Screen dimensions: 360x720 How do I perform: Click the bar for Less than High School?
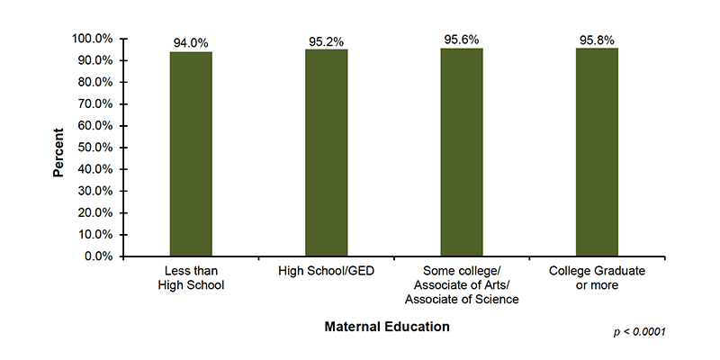pos(191,154)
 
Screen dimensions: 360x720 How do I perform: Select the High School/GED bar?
pos(326,152)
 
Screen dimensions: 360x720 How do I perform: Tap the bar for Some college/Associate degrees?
pos(462,152)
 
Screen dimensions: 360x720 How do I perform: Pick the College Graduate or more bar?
pos(597,152)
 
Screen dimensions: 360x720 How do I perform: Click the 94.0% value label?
pos(191,42)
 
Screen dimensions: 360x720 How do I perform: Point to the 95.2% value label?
pos(326,40)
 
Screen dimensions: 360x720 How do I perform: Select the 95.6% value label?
pos(462,40)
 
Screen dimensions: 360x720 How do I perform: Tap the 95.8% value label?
pos(597,40)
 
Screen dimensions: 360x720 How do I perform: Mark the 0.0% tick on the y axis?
pos(99,256)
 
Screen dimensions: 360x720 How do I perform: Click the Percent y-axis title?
pos(58,148)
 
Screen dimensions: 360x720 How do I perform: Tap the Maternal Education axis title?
pos(386,327)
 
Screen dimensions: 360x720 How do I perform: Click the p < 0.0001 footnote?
pos(639,332)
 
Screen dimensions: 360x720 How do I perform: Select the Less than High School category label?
pos(191,278)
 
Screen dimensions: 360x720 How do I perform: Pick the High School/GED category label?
pos(326,271)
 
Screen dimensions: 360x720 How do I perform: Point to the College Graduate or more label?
pos(597,278)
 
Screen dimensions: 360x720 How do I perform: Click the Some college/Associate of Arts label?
pos(462,285)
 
